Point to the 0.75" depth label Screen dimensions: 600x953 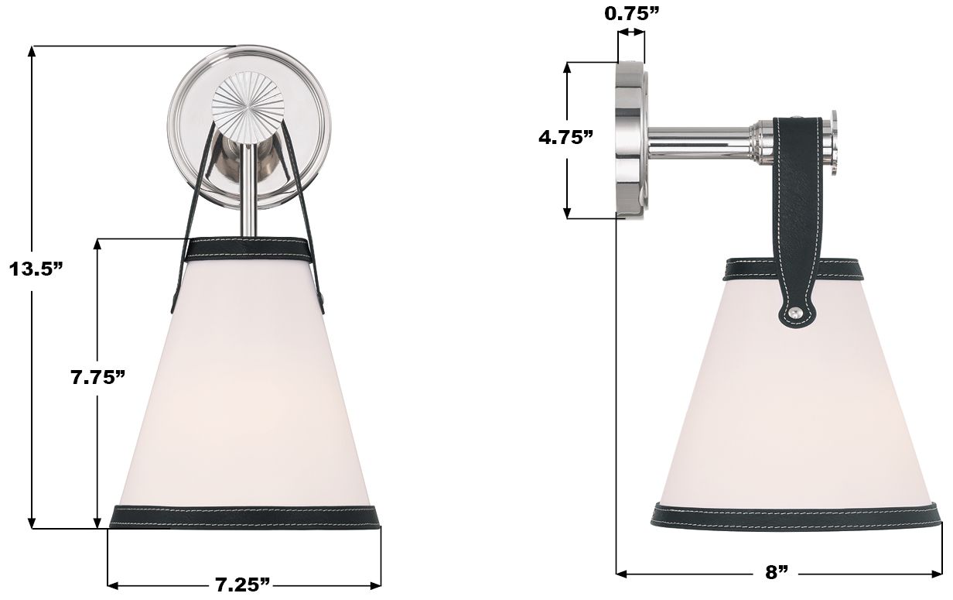point(631,12)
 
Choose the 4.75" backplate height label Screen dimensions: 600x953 point(566,137)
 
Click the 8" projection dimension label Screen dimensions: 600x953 point(777,573)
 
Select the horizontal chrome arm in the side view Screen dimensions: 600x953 point(696,140)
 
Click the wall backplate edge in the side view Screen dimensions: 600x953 point(629,139)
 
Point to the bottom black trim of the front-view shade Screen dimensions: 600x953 point(245,516)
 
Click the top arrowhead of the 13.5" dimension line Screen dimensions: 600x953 point(32,52)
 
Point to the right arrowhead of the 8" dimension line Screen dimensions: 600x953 point(938,573)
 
